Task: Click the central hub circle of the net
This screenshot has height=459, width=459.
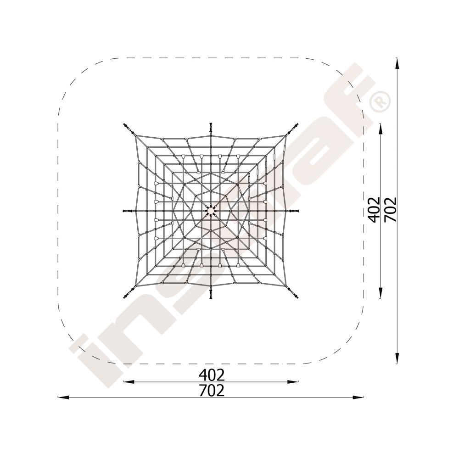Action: (x=211, y=211)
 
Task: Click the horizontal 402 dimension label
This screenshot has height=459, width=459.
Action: (x=211, y=374)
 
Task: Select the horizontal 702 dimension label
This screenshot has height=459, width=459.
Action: (x=211, y=391)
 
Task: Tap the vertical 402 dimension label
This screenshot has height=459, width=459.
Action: (x=374, y=210)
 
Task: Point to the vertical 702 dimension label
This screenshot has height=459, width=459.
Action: (x=390, y=210)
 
